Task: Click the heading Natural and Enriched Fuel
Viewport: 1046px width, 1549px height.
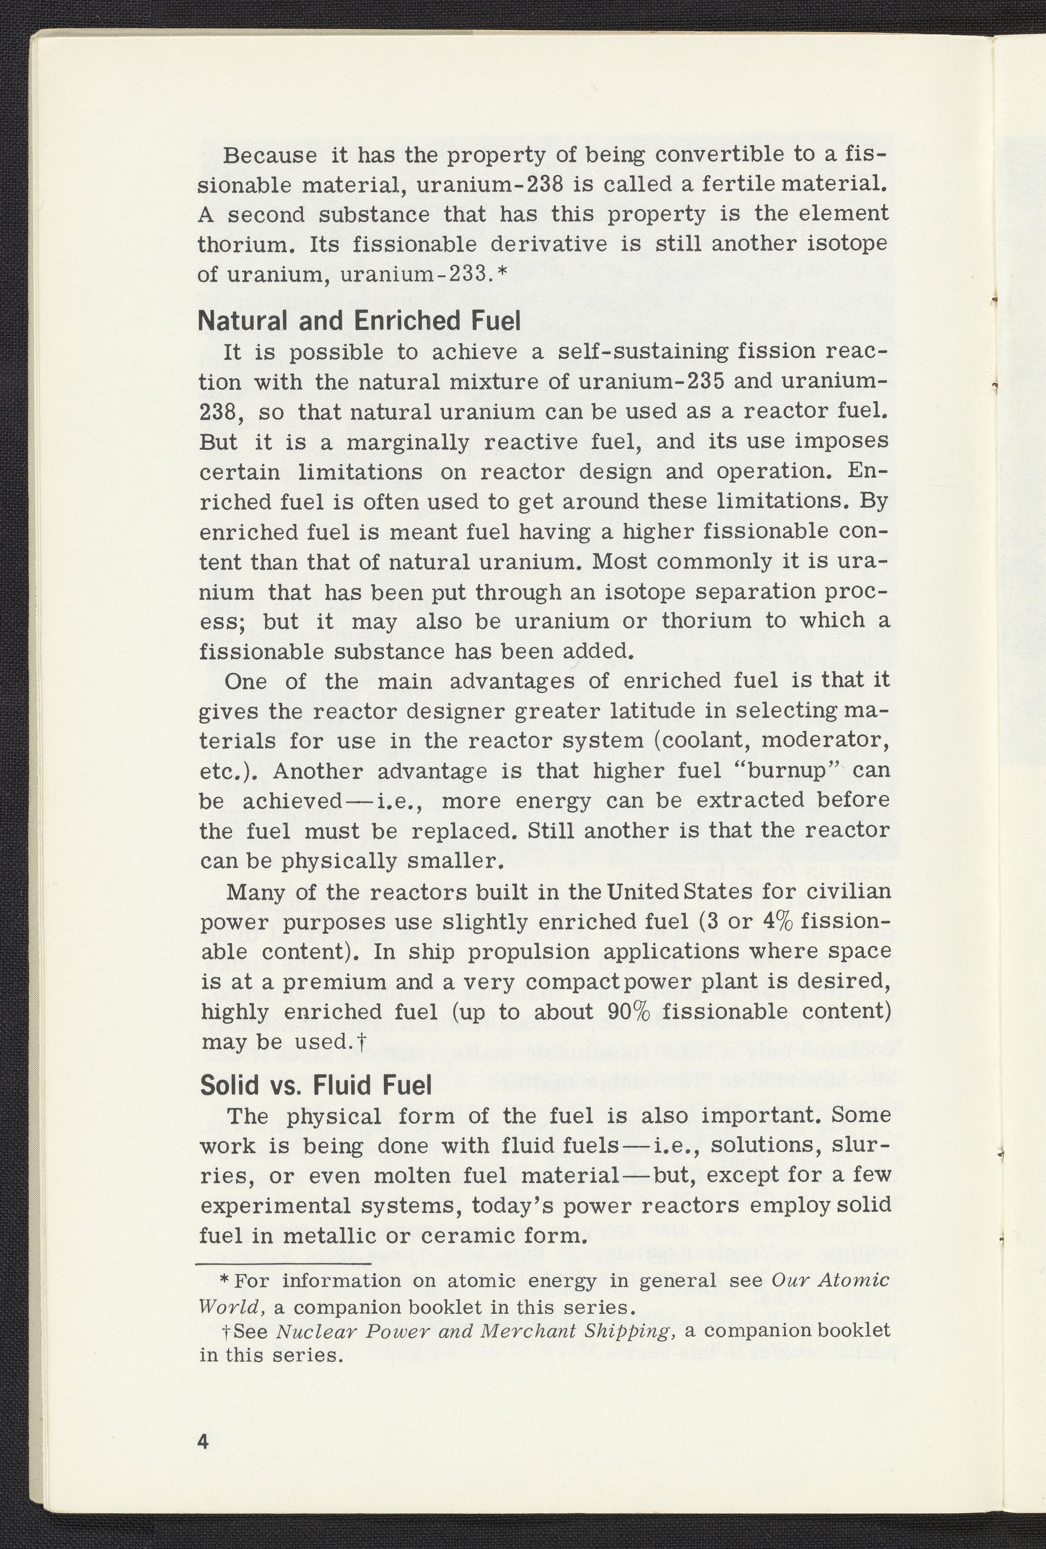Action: pos(359,321)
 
